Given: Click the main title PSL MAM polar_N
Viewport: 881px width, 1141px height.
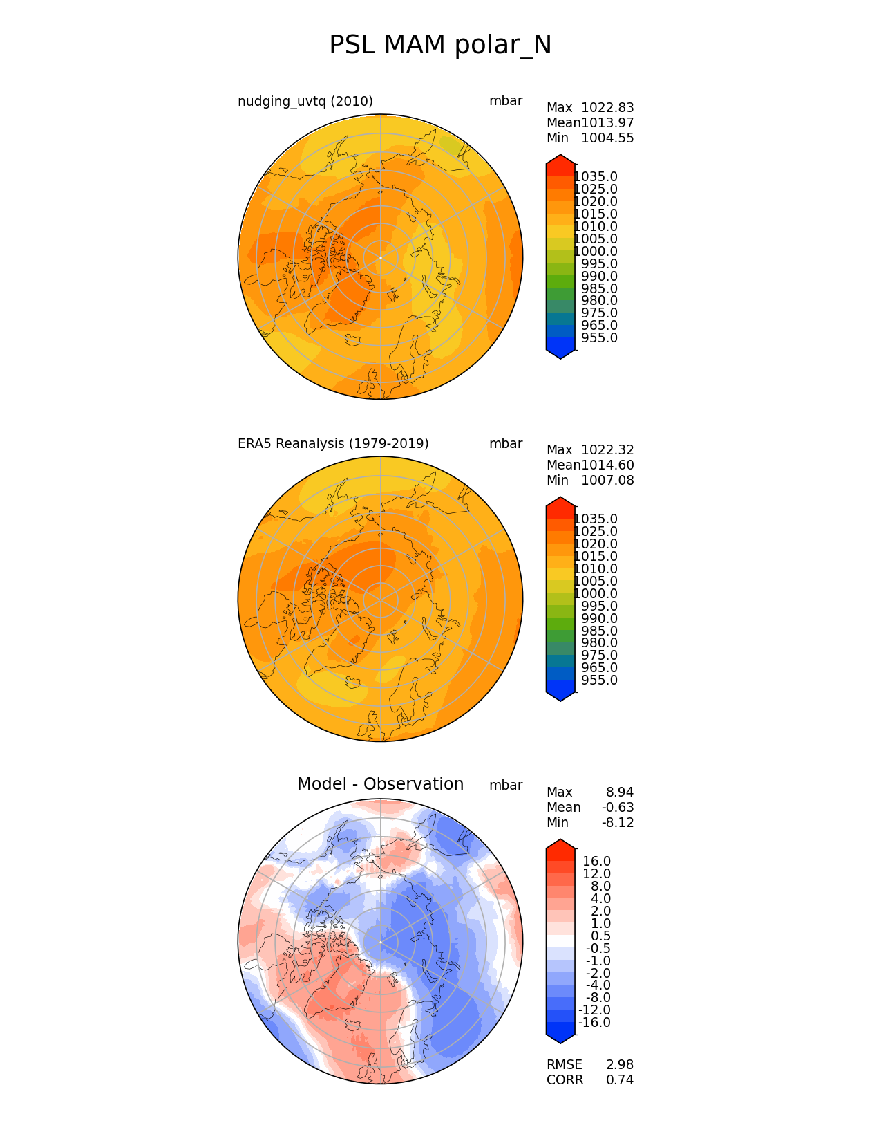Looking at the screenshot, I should tap(440, 45).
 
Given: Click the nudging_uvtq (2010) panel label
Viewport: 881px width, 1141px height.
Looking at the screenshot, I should tap(305, 101).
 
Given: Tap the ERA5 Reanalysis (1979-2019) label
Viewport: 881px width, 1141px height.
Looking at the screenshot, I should tap(333, 443).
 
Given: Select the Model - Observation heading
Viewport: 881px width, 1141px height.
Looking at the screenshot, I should tap(380, 784).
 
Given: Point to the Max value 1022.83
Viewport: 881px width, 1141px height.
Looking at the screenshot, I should tap(607, 108).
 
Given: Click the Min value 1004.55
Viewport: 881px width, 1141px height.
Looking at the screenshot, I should tap(607, 138).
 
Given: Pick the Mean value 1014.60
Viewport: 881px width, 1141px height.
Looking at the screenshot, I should tap(607, 465).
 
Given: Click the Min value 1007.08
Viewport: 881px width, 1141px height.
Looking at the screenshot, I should tap(607, 481).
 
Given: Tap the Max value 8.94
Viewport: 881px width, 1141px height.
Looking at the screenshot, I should tap(620, 792).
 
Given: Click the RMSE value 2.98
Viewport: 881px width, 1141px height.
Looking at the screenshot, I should tap(620, 1065).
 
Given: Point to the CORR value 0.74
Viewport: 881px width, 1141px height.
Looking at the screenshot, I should tap(620, 1080).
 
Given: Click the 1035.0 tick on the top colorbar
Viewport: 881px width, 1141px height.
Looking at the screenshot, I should tap(596, 177).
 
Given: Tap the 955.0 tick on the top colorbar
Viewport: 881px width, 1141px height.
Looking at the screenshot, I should tap(599, 338).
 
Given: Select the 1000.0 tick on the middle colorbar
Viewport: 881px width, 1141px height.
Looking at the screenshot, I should tap(596, 594).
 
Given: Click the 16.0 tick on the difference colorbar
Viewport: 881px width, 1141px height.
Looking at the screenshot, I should tap(597, 862).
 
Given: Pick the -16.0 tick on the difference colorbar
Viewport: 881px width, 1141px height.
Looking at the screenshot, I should tap(594, 1023).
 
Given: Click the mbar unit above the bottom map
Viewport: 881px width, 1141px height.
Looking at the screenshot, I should tap(506, 786).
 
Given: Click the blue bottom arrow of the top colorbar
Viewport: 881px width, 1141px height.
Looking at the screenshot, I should tap(560, 351).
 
